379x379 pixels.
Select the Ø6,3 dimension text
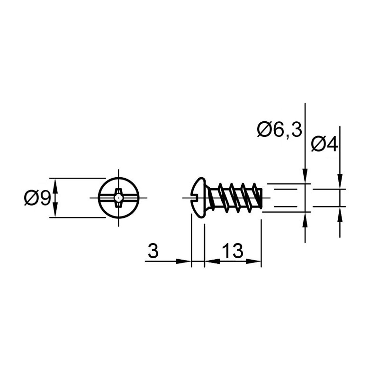point(280,130)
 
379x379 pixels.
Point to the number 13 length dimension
point(232,251)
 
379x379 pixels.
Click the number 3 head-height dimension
point(153,251)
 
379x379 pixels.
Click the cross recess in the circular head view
point(118,198)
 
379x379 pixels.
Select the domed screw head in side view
point(198,198)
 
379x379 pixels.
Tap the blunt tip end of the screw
point(261,198)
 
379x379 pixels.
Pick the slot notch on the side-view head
point(194,198)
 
